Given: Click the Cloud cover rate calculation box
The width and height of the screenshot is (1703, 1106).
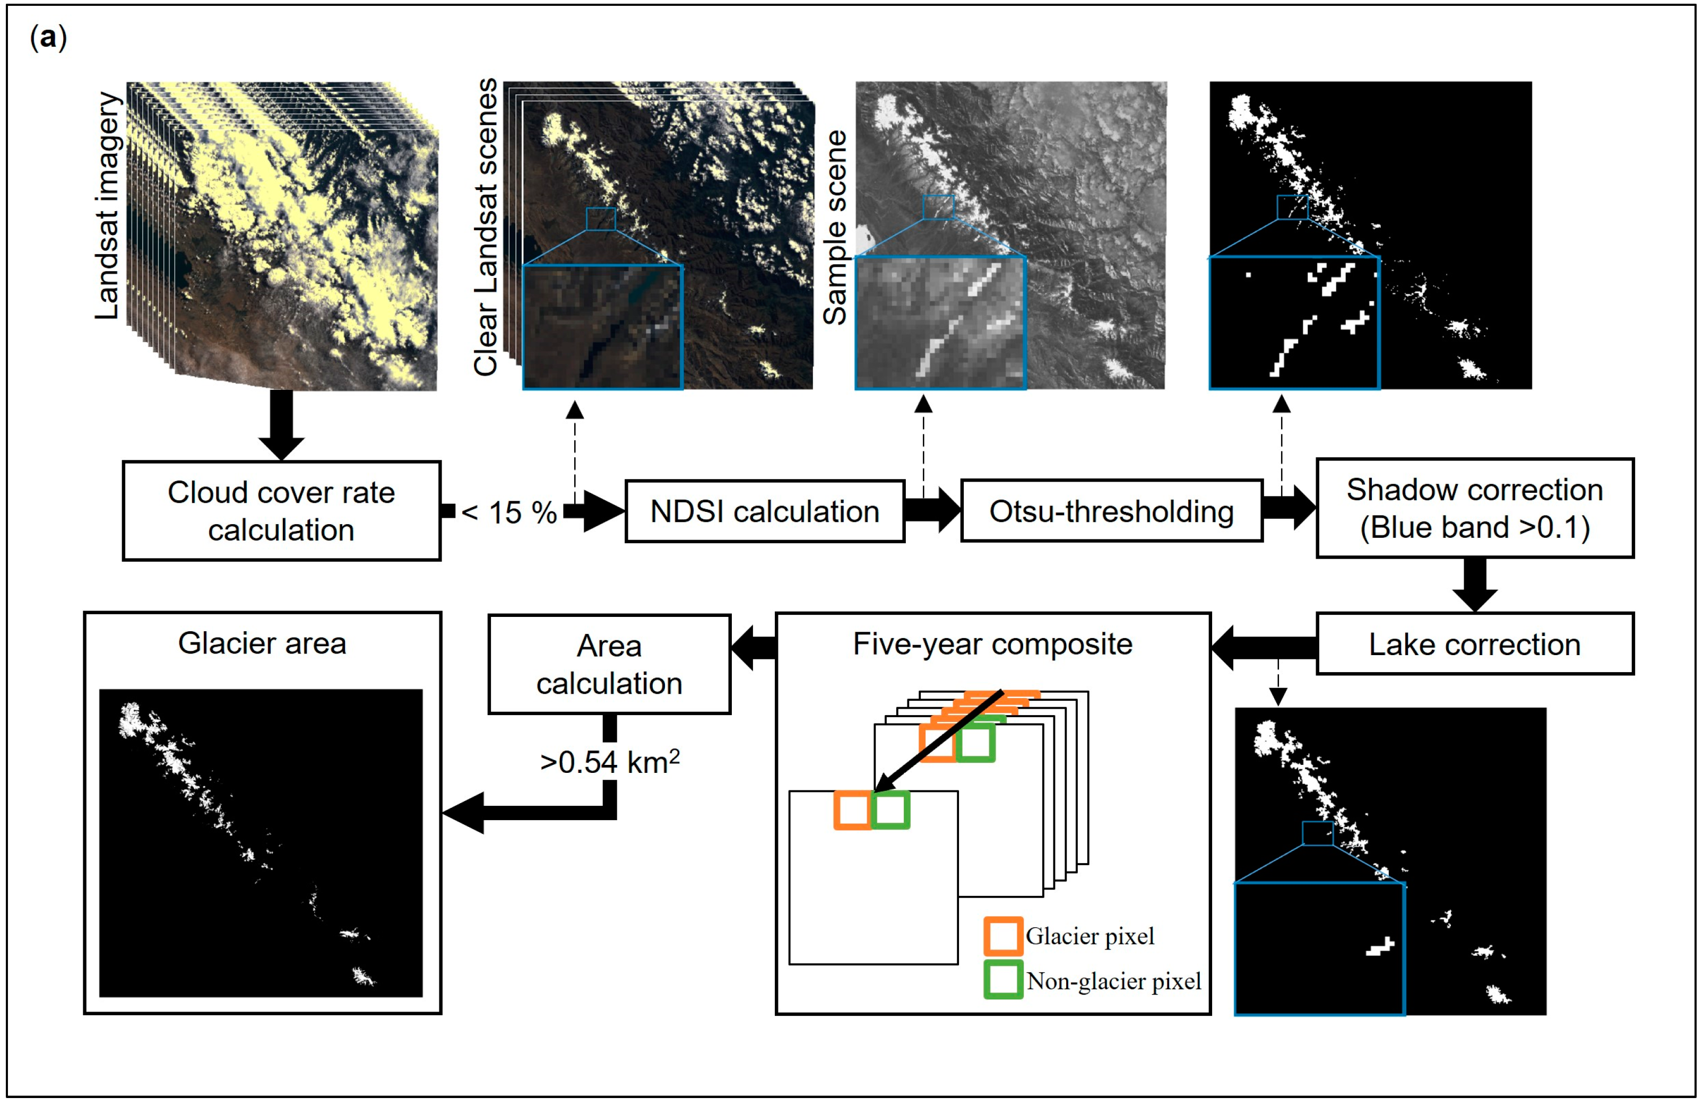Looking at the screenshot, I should (281, 511).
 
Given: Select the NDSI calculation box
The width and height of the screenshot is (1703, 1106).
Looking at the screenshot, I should (764, 511).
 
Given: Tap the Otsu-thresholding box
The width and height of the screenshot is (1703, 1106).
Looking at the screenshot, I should (1111, 511).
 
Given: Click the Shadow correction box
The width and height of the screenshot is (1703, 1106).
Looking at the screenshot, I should (1474, 509).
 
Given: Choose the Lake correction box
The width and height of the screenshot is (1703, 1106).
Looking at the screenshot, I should (1474, 645).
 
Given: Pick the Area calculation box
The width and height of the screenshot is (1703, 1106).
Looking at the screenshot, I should (609, 665).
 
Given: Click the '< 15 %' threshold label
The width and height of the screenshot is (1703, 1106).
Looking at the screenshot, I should (509, 512).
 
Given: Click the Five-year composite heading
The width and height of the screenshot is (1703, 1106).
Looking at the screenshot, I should (992, 645).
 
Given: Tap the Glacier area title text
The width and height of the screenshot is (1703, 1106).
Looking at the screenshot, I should (262, 643).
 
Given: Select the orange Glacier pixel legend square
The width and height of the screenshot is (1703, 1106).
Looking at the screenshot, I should (1002, 936).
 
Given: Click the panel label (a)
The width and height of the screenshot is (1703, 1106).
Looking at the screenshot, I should (48, 37).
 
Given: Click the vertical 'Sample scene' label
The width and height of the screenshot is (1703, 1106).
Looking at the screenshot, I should (834, 228).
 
